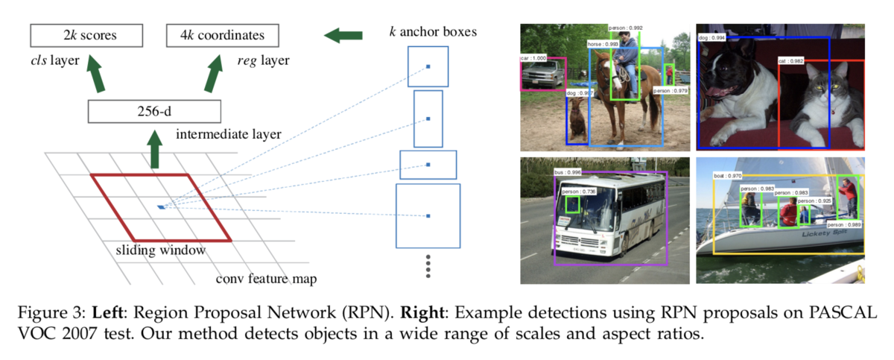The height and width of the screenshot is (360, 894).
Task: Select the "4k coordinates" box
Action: pyautogui.click(x=221, y=35)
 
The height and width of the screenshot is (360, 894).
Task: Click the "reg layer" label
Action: pyautogui.click(x=259, y=60)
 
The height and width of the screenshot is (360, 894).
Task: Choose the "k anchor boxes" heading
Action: pyautogui.click(x=433, y=32)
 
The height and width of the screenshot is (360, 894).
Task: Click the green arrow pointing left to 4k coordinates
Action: pyautogui.click(x=343, y=35)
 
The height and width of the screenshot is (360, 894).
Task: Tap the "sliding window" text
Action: pyautogui.click(x=160, y=250)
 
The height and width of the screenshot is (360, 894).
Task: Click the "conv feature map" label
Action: pyautogui.click(x=266, y=279)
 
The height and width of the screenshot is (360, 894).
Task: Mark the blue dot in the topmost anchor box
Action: pyautogui.click(x=428, y=67)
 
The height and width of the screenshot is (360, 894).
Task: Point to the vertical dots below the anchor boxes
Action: pyautogui.click(x=428, y=267)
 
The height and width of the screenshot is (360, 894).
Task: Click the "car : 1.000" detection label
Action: pyautogui.click(x=534, y=57)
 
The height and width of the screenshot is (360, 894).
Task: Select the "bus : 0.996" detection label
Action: pyautogui.click(x=568, y=172)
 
